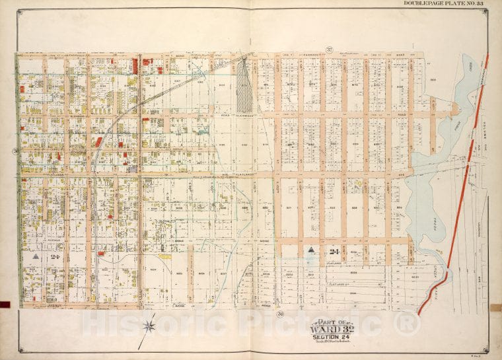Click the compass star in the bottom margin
click(x=151, y=324)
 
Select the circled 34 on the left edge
click(x=14, y=151)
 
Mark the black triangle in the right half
click(x=310, y=250)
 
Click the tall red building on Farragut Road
click(x=135, y=65)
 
